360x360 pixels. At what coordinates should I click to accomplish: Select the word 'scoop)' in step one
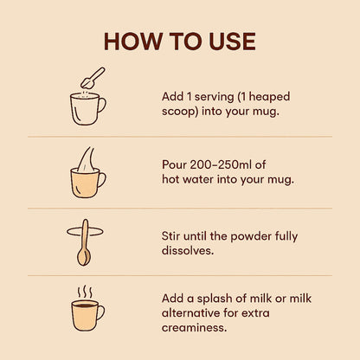tap(183, 112)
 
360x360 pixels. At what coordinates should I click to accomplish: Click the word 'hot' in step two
tap(173, 180)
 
